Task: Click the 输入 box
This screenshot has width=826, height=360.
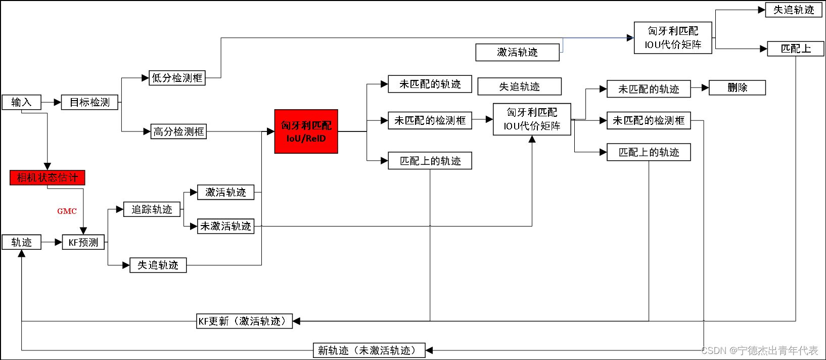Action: point(21,102)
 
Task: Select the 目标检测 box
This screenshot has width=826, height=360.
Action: point(89,102)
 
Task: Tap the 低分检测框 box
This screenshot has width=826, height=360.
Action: point(177,78)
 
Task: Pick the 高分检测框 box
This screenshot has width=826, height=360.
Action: point(178,131)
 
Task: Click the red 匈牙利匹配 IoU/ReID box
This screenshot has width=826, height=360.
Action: point(306,131)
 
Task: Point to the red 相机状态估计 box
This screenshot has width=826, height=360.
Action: point(48,177)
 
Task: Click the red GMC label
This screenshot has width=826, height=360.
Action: point(67,211)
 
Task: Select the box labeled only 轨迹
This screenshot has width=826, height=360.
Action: point(21,242)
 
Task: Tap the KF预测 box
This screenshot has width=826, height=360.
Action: point(83,242)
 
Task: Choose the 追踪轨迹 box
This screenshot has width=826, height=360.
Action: point(152,209)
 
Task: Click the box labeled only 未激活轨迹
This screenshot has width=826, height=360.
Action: point(225,226)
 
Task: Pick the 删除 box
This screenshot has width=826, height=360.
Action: point(737,87)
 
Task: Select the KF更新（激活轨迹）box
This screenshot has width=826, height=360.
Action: point(244,321)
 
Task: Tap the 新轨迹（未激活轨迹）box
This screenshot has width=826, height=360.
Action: point(369,350)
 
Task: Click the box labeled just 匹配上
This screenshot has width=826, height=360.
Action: point(796,49)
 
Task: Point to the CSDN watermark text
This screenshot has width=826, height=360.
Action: point(759,350)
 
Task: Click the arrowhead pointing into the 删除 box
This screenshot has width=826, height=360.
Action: point(705,87)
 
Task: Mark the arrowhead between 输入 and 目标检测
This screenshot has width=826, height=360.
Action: point(58,102)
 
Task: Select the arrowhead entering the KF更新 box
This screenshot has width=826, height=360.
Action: point(297,321)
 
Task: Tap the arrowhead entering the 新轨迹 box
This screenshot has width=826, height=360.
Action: point(429,350)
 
